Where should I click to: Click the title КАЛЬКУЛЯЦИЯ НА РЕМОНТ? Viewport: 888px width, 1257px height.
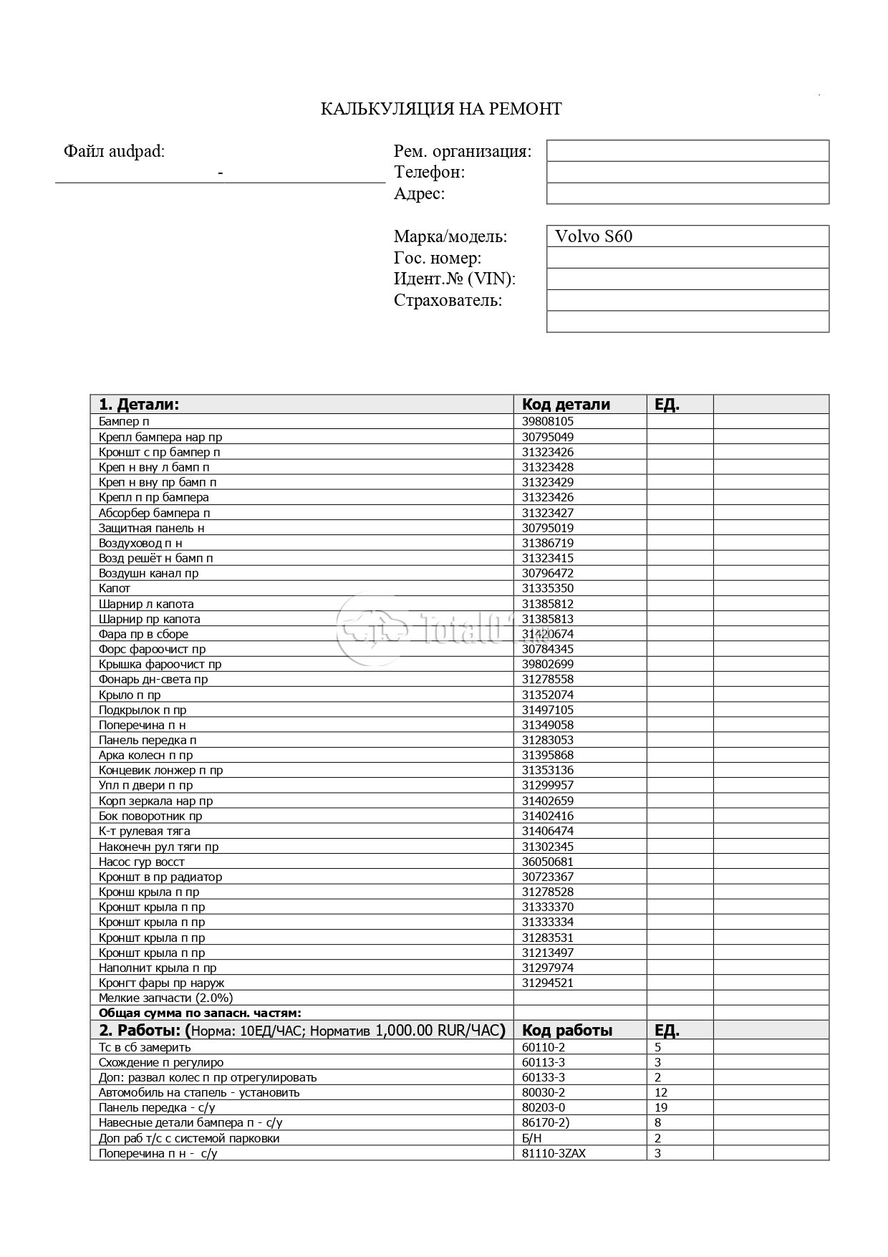[x=440, y=109]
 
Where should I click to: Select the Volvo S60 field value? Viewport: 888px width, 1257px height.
[x=594, y=236]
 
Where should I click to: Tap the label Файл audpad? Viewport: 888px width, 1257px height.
[x=115, y=151]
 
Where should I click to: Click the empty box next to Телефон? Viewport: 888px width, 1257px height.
[x=687, y=172]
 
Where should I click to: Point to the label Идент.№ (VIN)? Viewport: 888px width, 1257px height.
[x=455, y=279]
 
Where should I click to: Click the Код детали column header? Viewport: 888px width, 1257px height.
[x=566, y=404]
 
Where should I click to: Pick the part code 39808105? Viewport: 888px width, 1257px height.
[x=548, y=422]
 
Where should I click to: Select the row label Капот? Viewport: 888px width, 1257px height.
[x=115, y=589]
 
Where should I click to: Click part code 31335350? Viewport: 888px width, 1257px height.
[x=548, y=589]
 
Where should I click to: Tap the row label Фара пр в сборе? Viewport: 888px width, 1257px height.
[x=143, y=634]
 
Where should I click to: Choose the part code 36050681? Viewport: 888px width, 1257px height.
[x=548, y=862]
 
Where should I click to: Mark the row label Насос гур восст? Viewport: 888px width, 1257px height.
[x=142, y=862]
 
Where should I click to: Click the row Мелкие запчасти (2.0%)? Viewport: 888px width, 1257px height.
[x=165, y=998]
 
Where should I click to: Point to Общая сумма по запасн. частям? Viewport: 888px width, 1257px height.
[x=200, y=1013]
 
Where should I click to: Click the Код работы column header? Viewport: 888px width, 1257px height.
[x=567, y=1031]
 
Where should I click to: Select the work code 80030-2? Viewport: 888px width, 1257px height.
[x=544, y=1092]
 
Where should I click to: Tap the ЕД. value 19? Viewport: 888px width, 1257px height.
[x=661, y=1107]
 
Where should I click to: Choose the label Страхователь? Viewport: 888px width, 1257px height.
[x=448, y=300]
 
